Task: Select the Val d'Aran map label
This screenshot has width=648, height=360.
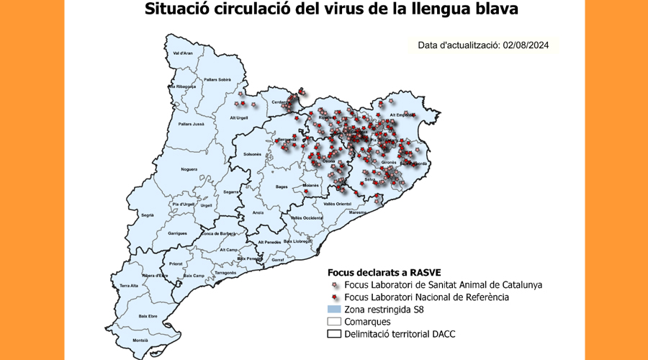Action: point(183,53)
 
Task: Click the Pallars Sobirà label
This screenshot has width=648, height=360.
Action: point(217,79)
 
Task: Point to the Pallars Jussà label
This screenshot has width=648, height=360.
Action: point(189,124)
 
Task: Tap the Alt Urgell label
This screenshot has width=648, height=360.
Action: point(239,117)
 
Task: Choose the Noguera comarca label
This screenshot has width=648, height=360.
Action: point(189,169)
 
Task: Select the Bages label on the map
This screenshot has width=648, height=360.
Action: point(282,186)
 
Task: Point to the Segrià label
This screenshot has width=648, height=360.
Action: point(148,215)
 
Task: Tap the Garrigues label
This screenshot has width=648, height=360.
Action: point(177,233)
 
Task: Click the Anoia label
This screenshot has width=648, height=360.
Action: point(258,212)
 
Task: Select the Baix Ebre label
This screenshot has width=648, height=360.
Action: point(148,315)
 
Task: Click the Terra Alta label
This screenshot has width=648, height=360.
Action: point(129,286)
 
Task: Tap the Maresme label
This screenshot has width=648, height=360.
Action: point(357,212)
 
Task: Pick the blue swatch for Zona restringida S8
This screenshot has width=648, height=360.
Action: point(334,309)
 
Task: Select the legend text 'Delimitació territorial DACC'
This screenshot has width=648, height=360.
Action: point(400,334)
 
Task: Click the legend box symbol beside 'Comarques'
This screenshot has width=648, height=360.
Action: point(334,321)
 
